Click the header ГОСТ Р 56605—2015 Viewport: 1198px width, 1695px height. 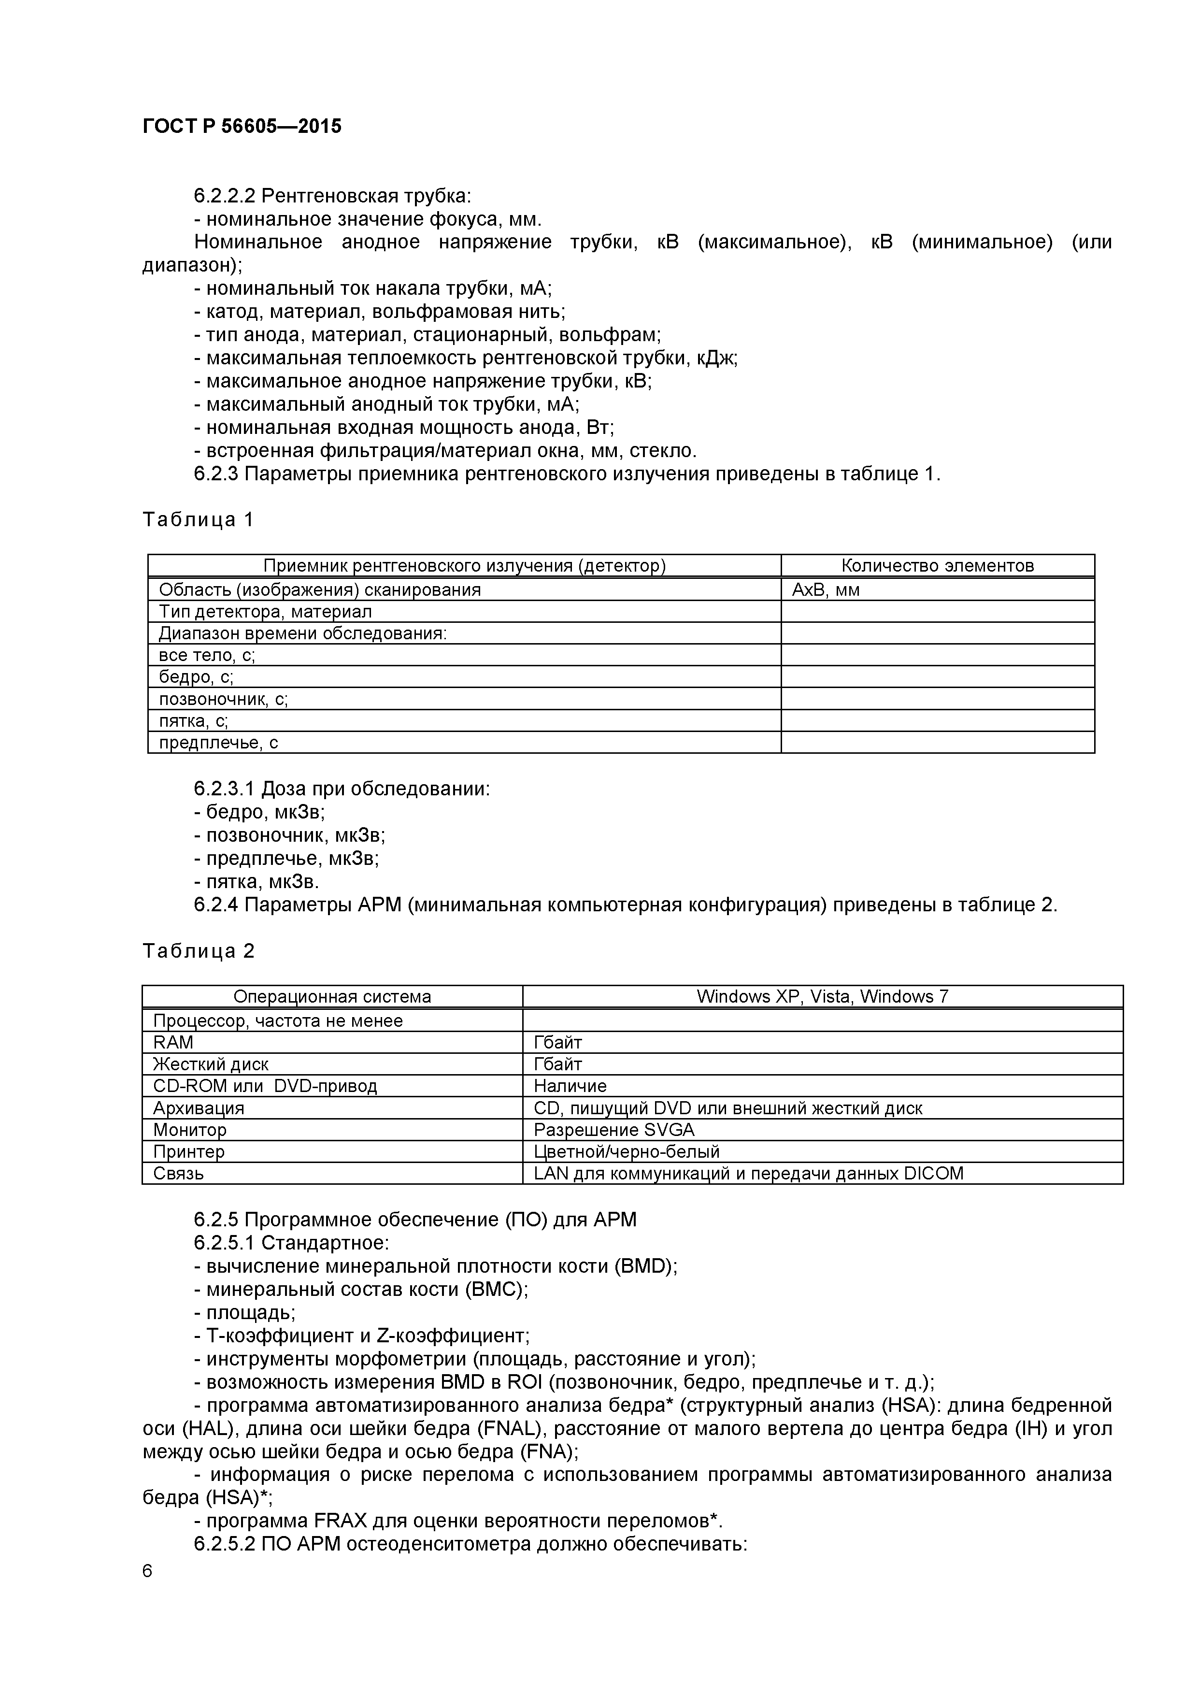(x=242, y=126)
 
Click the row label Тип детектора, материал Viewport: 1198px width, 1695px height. (x=265, y=611)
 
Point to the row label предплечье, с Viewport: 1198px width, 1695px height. (x=218, y=743)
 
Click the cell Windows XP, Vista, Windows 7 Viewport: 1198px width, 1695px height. (x=822, y=997)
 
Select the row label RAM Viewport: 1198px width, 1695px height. (x=173, y=1042)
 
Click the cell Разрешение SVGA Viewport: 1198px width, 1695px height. (x=613, y=1130)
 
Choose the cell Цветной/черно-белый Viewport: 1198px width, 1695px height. (x=626, y=1151)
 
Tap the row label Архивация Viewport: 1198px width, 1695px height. (x=198, y=1107)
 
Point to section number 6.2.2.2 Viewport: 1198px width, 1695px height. (x=224, y=196)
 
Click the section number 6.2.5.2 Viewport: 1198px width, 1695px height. (x=224, y=1544)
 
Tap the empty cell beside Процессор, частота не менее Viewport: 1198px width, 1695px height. (x=822, y=1020)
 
